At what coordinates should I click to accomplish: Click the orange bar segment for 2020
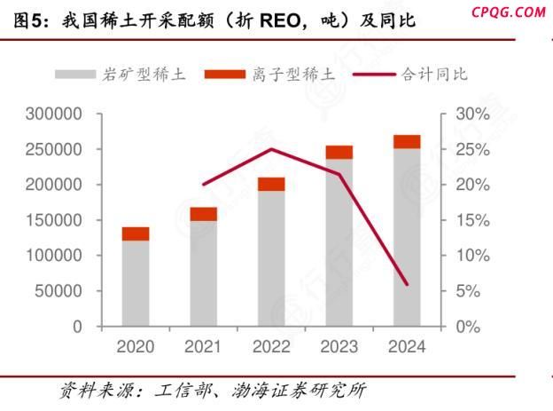click(136, 233)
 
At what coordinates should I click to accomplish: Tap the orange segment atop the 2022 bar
click(271, 184)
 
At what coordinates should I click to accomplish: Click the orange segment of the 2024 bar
click(407, 141)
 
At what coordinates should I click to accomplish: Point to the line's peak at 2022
click(271, 149)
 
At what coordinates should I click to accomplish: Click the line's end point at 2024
click(407, 285)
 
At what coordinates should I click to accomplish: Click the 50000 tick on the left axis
click(59, 291)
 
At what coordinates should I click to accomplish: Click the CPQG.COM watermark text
click(509, 11)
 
